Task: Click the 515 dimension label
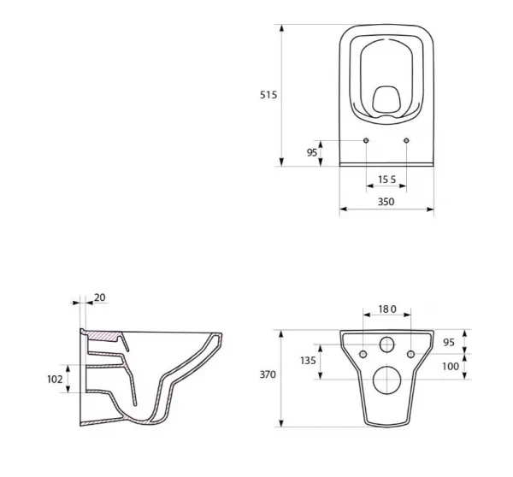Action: [x=268, y=95]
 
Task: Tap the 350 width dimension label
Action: [x=386, y=202]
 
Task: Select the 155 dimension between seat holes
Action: [x=386, y=180]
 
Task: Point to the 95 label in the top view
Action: [x=312, y=152]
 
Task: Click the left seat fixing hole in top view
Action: [x=366, y=140]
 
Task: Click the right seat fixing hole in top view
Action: [x=406, y=140]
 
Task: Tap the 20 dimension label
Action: [x=100, y=297]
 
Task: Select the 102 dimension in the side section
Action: [x=55, y=380]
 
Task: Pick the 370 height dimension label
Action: [x=268, y=374]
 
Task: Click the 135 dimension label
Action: [x=308, y=361]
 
